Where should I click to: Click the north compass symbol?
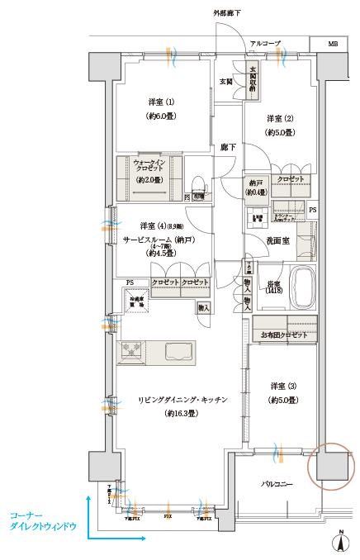[339, 542]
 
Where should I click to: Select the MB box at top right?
[333, 42]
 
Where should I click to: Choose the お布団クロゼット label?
[283, 335]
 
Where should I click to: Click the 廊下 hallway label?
[229, 147]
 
